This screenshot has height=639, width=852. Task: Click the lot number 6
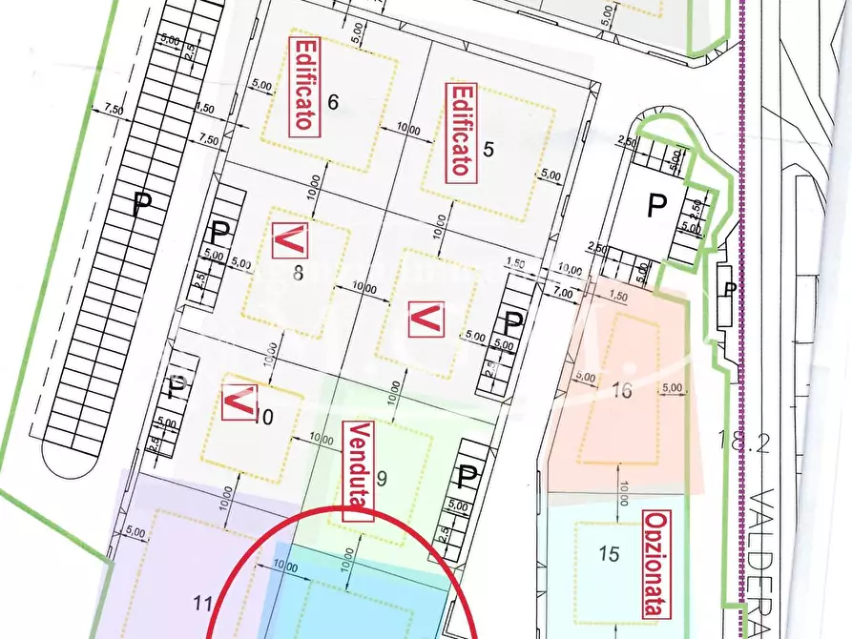[333, 103]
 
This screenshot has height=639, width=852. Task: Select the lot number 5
[488, 149]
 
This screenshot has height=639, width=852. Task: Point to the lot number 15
[609, 553]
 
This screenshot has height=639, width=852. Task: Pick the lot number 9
[382, 479]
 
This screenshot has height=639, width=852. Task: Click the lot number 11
[202, 603]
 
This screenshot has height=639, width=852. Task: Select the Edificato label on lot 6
[304, 84]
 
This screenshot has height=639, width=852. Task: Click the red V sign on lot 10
[237, 402]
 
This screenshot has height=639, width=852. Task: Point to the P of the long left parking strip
[142, 202]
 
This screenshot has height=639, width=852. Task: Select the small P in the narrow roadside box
[729, 288]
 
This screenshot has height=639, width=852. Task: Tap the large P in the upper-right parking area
[656, 205]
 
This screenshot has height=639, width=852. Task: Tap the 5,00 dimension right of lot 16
[672, 388]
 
